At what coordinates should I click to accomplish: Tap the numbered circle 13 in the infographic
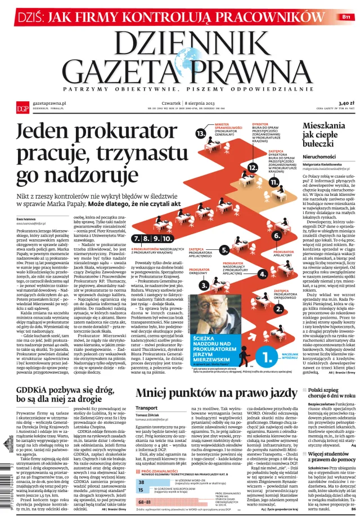pyautogui.click(x=201, y=133)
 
